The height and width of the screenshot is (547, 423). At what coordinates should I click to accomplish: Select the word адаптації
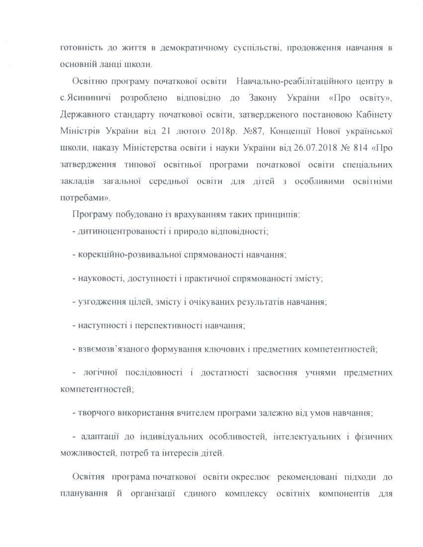(x=98, y=437)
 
